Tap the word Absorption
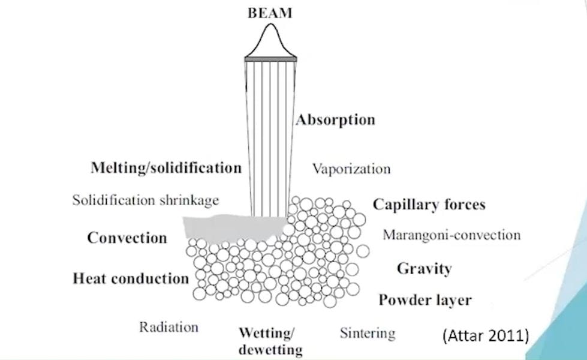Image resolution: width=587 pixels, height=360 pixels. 335,119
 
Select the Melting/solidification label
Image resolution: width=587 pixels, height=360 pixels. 166,167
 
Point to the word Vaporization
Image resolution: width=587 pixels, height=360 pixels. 351,169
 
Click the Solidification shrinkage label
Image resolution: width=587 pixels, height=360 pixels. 146,200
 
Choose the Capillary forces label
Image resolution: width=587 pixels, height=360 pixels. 429,205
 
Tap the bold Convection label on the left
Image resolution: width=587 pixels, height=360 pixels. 127,238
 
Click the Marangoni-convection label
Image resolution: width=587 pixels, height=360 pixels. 451,235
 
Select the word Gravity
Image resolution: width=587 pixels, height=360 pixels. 424,268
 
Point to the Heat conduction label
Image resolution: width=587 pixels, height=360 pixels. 131,278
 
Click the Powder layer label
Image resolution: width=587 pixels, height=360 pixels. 425,300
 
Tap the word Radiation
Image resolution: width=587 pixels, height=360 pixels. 168,328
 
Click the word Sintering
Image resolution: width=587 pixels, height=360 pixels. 368,332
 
